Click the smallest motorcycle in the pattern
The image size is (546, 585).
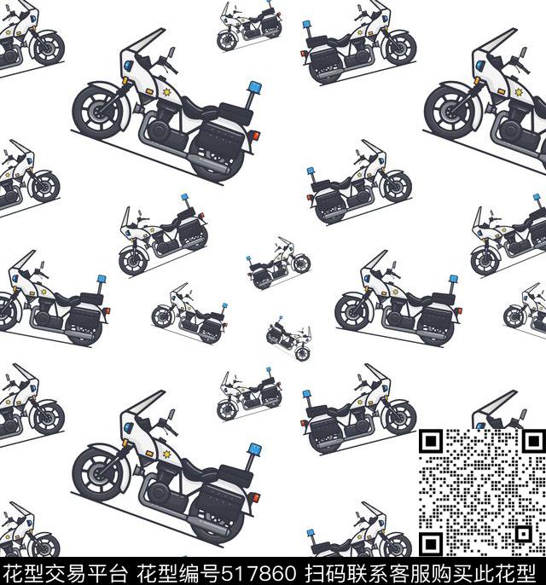pyautogui.click(x=288, y=338)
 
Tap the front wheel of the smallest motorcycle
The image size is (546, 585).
pyautogui.click(x=303, y=353)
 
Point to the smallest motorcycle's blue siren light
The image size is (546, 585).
pyautogui.click(x=279, y=318)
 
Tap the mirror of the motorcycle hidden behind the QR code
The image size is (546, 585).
pyautogui.click(x=524, y=414)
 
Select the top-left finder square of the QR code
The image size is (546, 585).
pyautogui.click(x=431, y=442)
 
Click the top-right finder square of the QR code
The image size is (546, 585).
pyautogui.click(x=534, y=442)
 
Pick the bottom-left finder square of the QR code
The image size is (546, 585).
pyautogui.click(x=431, y=544)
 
